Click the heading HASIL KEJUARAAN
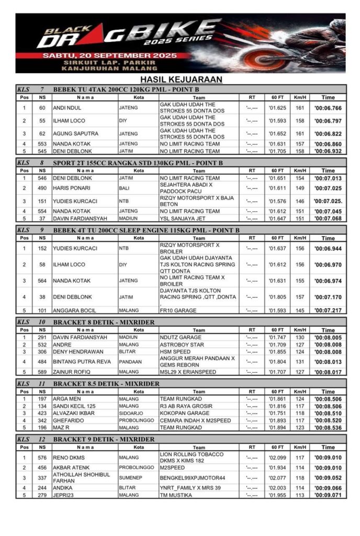click(180, 80)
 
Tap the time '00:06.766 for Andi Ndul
click(328, 108)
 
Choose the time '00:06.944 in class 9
click(328, 249)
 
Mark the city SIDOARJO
click(131, 413)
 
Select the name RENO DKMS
click(69, 457)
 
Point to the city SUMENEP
click(130, 478)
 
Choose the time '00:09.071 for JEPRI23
click(328, 495)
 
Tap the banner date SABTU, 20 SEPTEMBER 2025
click(100, 54)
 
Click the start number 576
click(42, 457)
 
